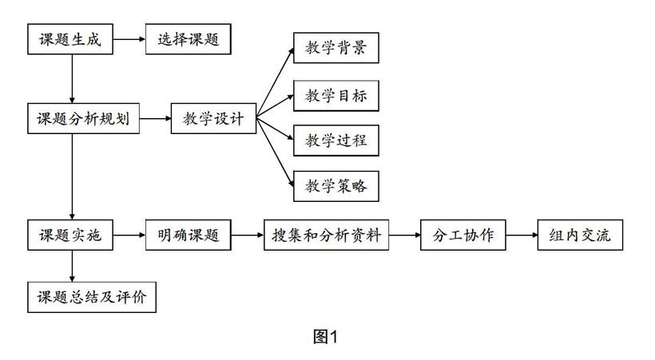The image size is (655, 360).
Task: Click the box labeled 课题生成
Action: [x=70, y=39]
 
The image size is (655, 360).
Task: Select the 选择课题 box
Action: [x=188, y=39]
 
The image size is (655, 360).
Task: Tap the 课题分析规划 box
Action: [x=84, y=119]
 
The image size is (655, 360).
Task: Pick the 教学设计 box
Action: [x=213, y=119]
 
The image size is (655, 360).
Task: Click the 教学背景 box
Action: [x=335, y=48]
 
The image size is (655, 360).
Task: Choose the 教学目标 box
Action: [x=335, y=96]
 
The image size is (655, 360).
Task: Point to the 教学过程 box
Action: [x=335, y=140]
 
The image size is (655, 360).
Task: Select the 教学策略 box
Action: [x=335, y=186]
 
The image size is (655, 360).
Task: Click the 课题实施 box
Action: [x=70, y=235]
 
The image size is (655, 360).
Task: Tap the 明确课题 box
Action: [x=188, y=235]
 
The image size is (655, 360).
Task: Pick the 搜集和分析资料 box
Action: [x=326, y=235]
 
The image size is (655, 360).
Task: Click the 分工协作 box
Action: [x=462, y=235]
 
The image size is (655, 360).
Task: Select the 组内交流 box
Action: [x=580, y=235]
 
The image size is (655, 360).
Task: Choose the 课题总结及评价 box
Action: [x=92, y=298]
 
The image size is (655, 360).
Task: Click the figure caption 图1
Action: [x=325, y=337]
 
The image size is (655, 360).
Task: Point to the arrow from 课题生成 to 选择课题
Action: [x=129, y=39]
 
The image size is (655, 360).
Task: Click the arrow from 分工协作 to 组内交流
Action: [x=522, y=235]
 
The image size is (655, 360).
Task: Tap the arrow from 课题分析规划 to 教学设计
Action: [x=155, y=119]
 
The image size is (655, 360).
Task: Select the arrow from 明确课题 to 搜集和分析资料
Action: [x=248, y=235]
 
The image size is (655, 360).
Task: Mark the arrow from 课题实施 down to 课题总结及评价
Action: [x=72, y=266]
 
